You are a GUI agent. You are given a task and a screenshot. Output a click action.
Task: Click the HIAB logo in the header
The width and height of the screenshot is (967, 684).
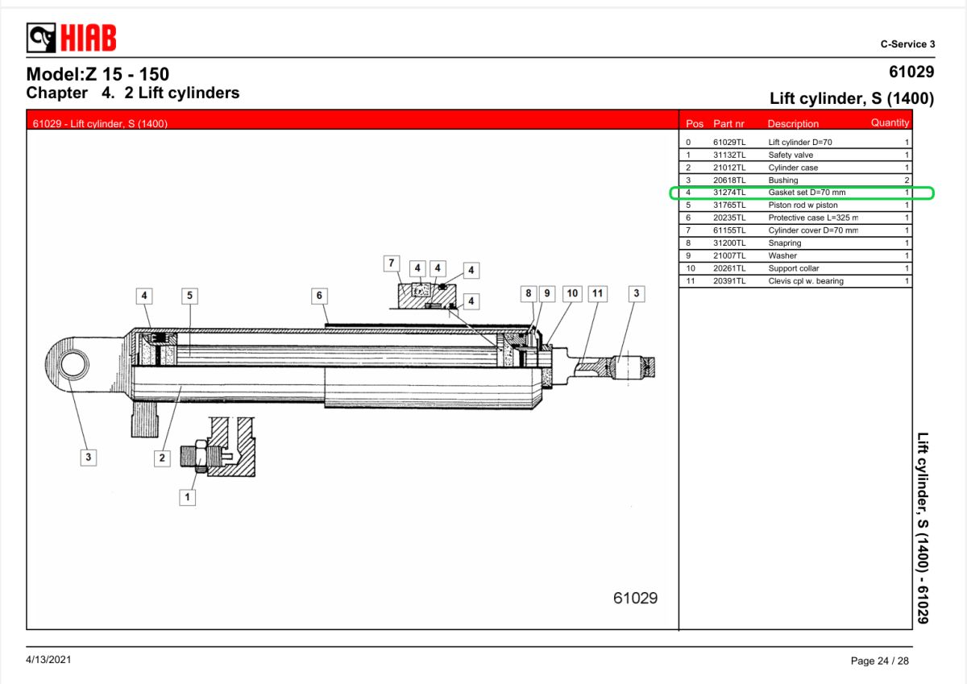pyautogui.click(x=71, y=38)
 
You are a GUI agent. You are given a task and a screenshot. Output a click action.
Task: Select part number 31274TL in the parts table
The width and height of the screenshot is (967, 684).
pyautogui.click(x=729, y=193)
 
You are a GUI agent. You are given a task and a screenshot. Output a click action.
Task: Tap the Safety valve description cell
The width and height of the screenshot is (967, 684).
pyautogui.click(x=791, y=155)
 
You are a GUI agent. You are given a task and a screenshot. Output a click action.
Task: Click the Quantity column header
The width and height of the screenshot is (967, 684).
pyautogui.click(x=890, y=123)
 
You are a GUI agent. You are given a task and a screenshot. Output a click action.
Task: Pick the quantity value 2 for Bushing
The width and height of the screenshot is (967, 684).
pyautogui.click(x=907, y=180)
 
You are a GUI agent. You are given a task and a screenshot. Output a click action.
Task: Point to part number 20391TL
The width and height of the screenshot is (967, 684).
pyautogui.click(x=729, y=281)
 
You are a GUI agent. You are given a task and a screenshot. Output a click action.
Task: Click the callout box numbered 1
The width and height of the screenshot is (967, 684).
pyautogui.click(x=187, y=497)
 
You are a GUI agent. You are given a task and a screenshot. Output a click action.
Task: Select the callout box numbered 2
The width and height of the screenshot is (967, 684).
pyautogui.click(x=162, y=458)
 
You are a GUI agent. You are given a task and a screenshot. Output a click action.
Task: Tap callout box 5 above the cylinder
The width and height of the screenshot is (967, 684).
pyautogui.click(x=189, y=296)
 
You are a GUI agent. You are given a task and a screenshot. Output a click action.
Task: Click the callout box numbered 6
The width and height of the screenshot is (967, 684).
pyautogui.click(x=319, y=296)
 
